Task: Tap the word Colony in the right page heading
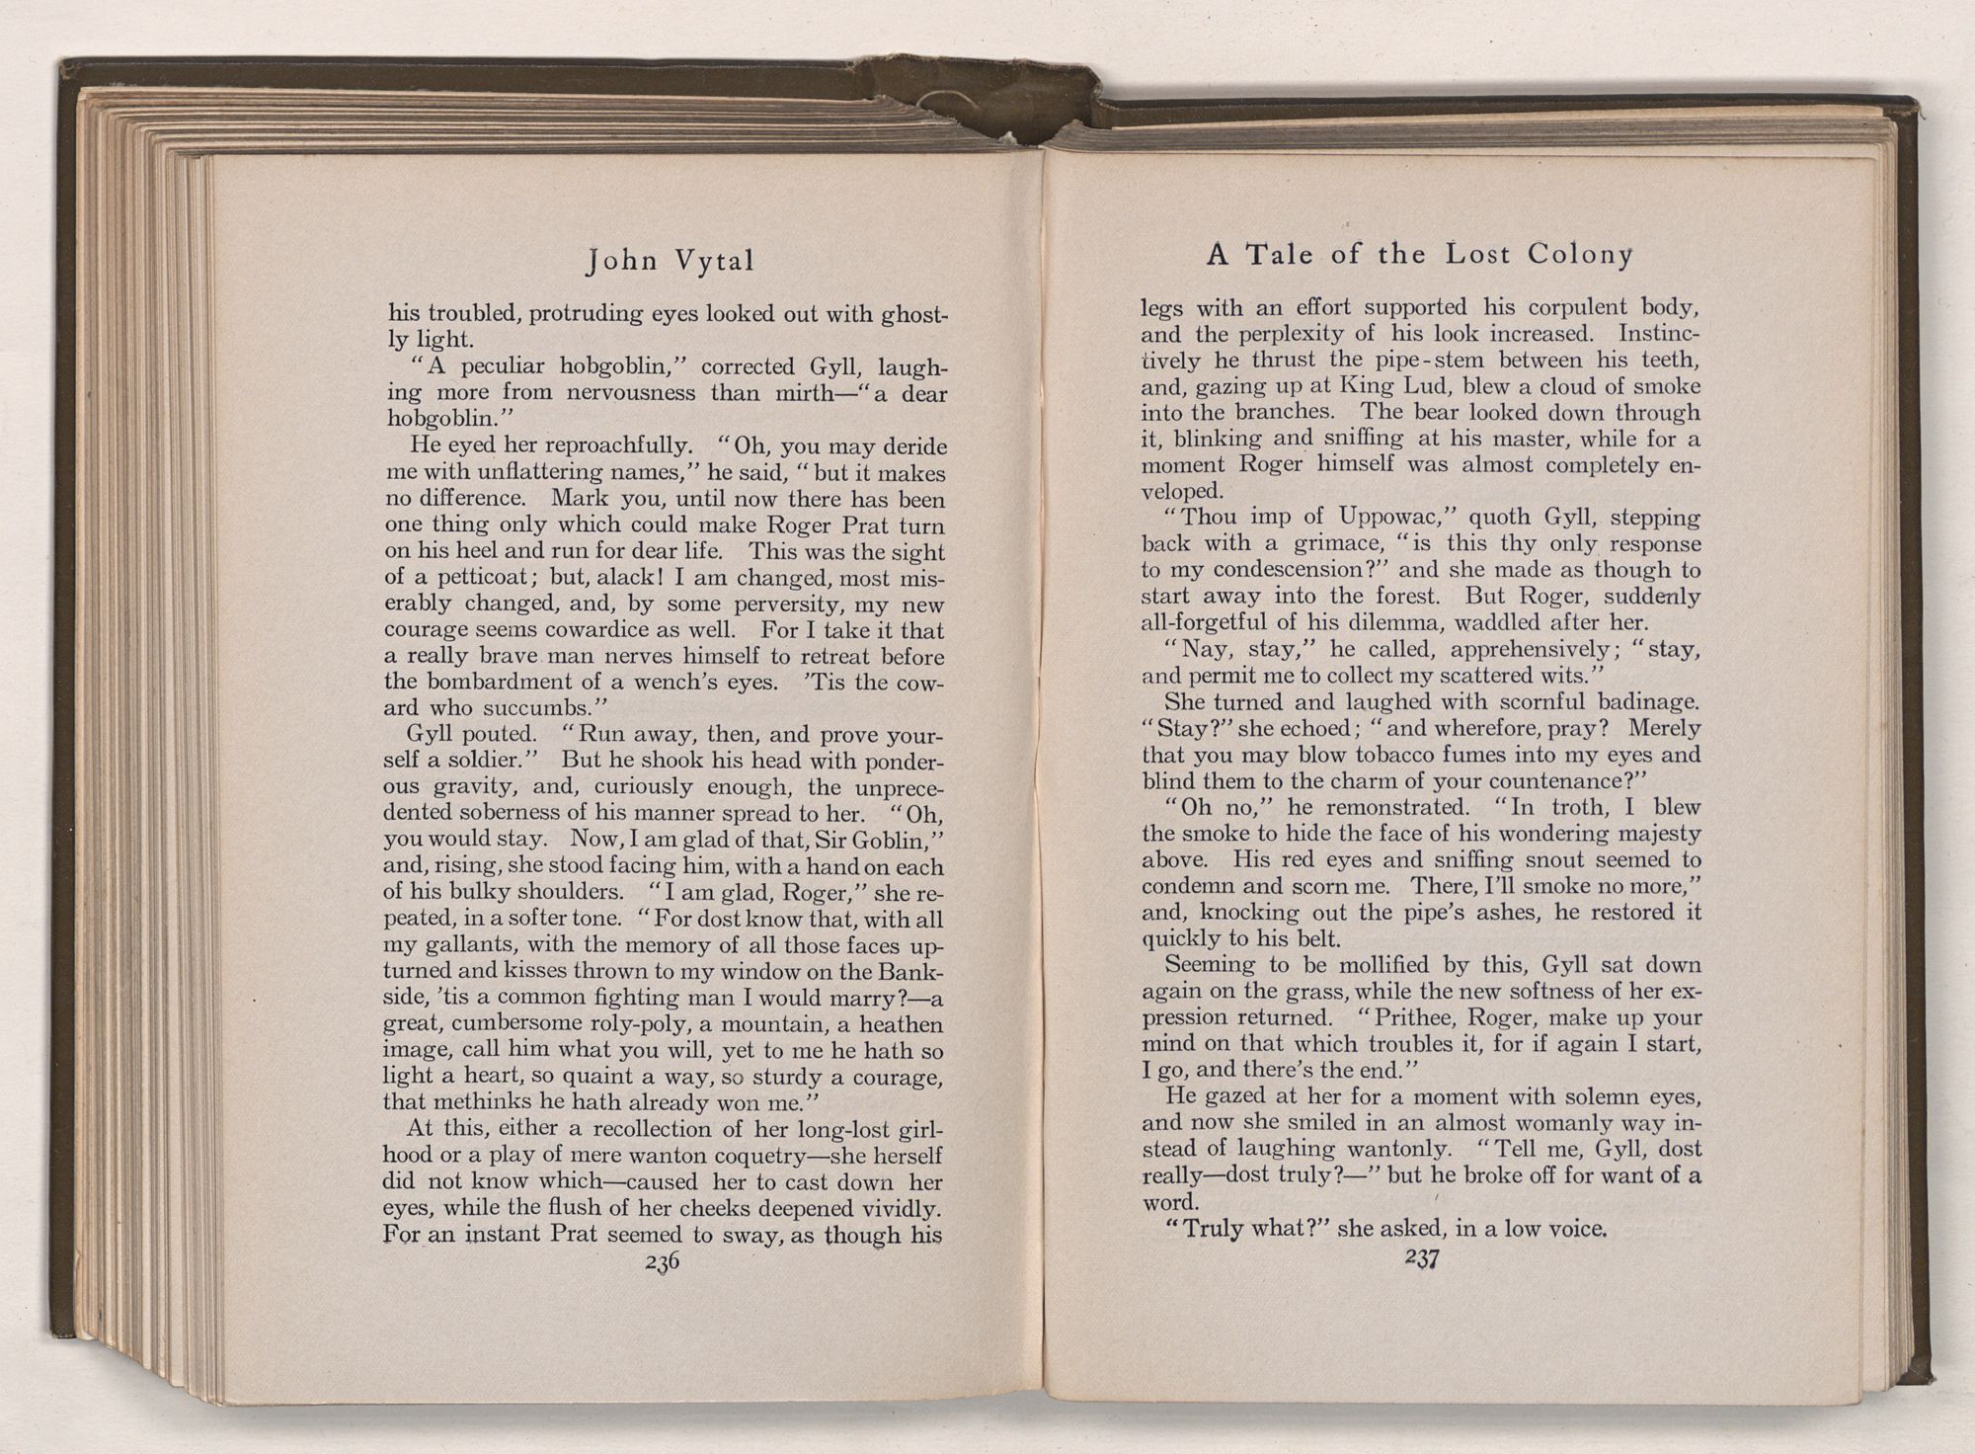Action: point(1580,255)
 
